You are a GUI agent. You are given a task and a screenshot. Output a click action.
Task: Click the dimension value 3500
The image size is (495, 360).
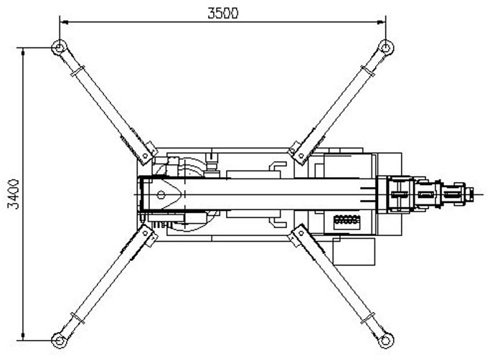223,13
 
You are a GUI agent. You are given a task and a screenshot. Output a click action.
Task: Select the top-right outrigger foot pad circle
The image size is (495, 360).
386,48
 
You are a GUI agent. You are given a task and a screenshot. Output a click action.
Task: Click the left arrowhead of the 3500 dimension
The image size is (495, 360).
65,22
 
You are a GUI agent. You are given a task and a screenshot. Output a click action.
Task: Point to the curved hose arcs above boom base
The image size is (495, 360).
190,166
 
